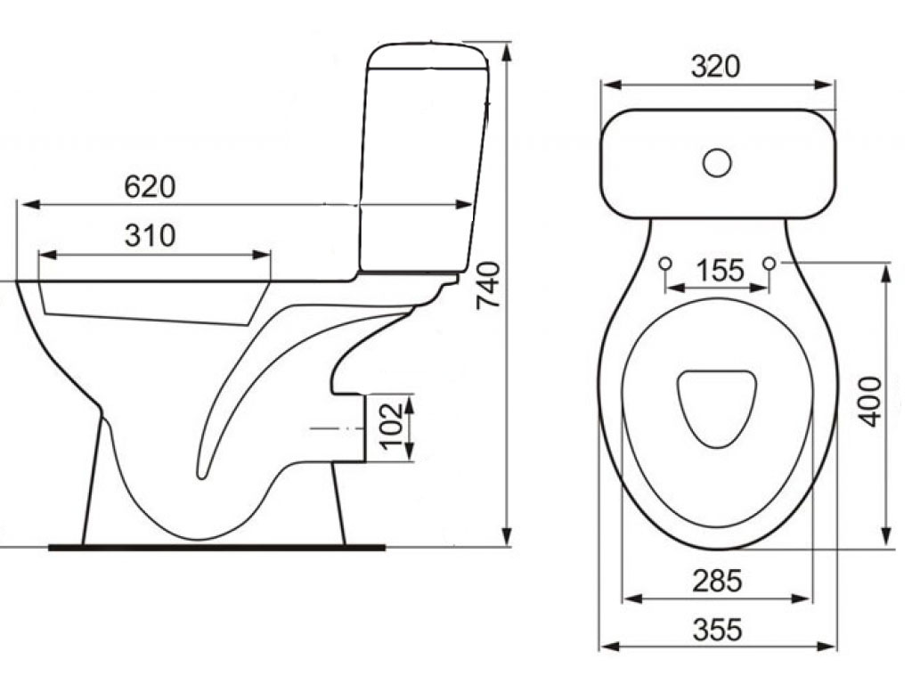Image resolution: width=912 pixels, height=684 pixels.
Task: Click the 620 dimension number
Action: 150,187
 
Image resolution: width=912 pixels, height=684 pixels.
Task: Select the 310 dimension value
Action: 150,235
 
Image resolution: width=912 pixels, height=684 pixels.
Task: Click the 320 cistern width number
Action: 715,66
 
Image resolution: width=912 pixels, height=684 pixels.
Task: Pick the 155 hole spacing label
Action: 720,271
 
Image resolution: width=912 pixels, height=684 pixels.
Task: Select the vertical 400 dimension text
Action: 871,402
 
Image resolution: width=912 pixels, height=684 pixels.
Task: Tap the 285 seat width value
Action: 717,581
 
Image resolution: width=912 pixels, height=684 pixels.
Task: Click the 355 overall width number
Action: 717,630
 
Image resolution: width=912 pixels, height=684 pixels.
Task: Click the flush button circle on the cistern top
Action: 717,163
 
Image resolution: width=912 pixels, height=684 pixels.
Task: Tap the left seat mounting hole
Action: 665,264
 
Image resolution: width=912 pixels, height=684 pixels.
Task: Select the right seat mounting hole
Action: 769,264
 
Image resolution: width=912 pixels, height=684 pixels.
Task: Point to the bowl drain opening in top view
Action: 717,408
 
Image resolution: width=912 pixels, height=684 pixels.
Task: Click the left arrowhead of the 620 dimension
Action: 28,205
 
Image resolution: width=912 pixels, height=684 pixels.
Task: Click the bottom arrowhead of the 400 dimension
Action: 886,535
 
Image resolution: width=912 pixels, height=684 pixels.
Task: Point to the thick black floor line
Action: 216,548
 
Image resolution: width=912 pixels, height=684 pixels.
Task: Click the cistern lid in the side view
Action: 428,57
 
